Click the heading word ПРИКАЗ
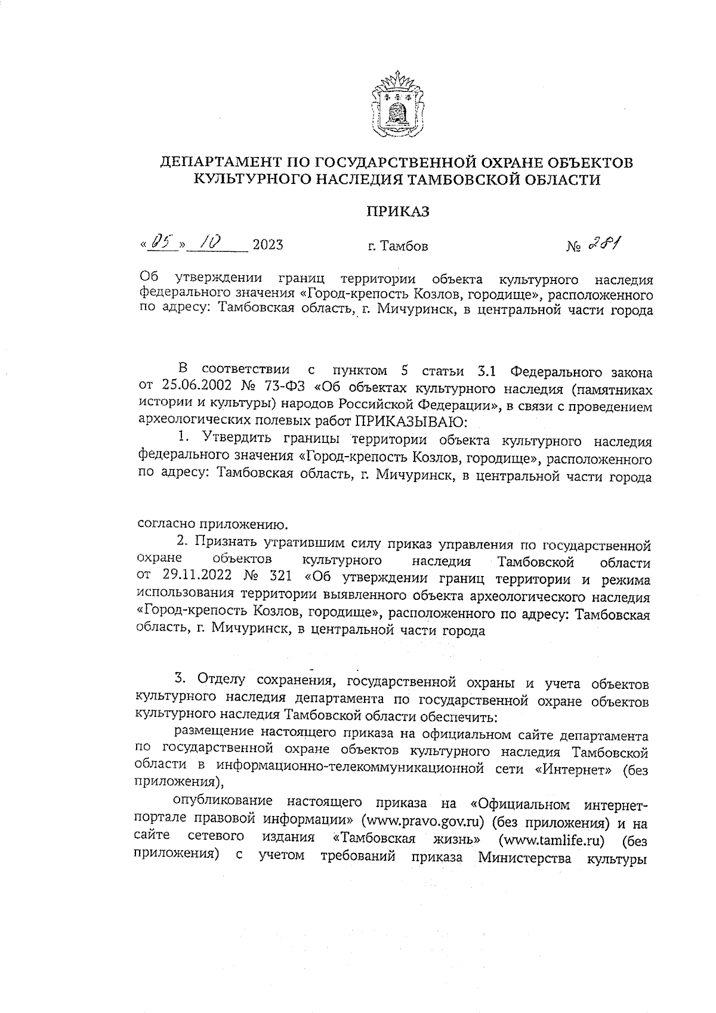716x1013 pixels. [397, 211]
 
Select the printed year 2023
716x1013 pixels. [268, 245]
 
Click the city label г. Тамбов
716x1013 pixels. [397, 245]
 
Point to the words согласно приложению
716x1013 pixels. [214, 525]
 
